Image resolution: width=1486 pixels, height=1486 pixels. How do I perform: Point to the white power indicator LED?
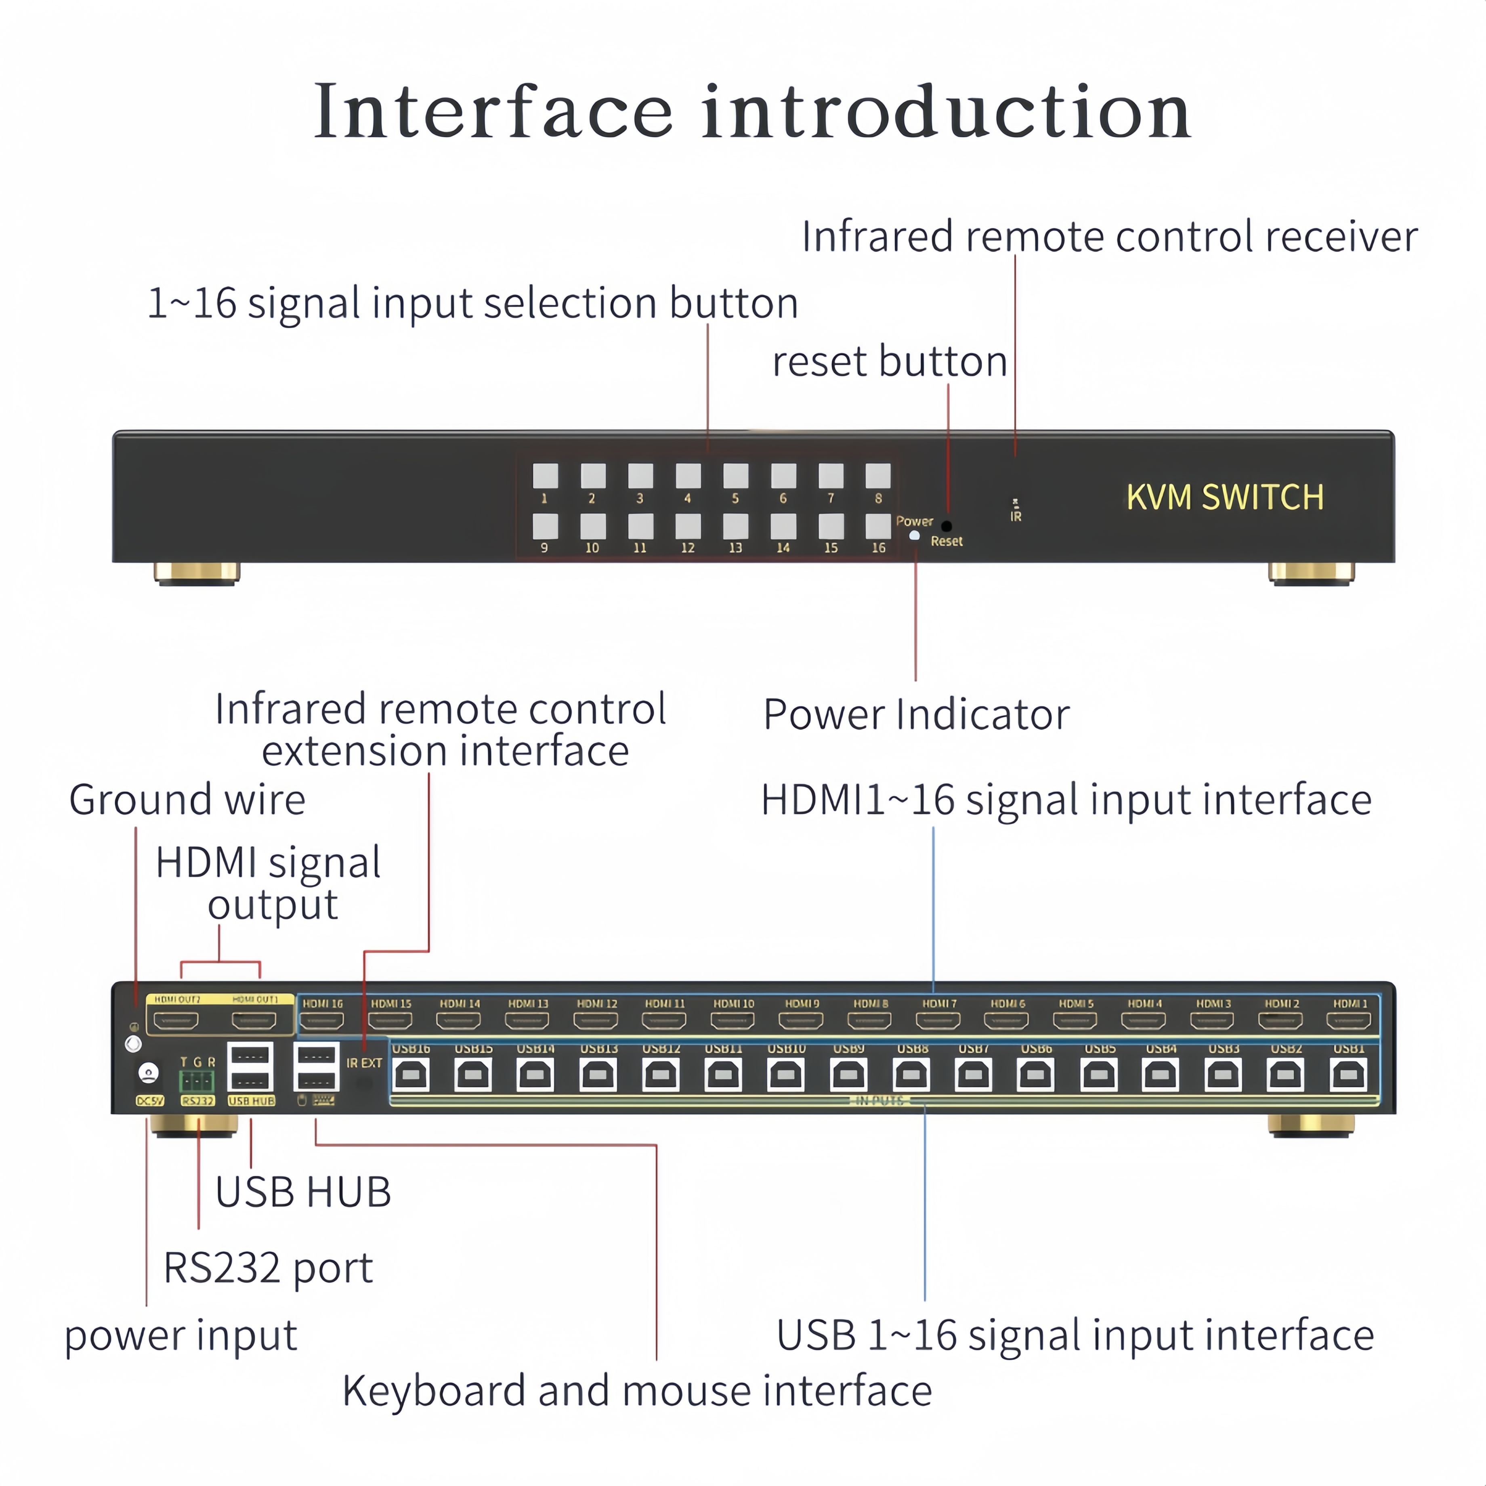[915, 535]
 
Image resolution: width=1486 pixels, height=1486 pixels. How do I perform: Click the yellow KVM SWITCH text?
[1224, 497]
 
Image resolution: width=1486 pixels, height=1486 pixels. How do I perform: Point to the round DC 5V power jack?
[148, 1072]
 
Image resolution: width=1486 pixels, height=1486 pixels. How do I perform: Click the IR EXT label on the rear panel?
[364, 1063]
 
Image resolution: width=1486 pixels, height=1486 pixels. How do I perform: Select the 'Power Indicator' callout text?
[916, 715]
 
